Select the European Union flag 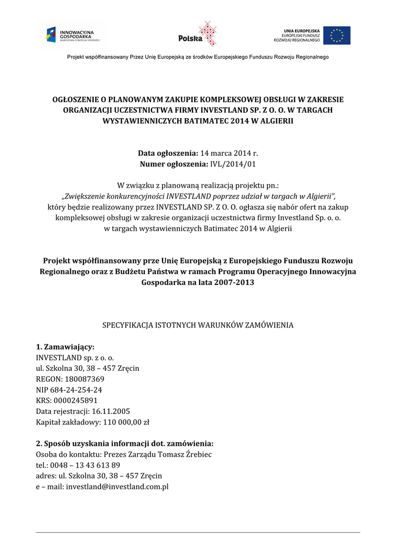[336, 36]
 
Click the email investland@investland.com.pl [117, 486]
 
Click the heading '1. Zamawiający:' [65, 347]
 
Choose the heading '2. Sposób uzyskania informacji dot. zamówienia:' [125, 443]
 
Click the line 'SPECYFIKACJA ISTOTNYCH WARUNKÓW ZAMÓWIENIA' [198, 325]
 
